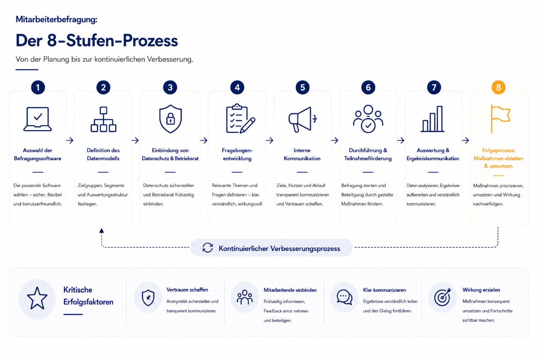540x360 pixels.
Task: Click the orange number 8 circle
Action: (498, 87)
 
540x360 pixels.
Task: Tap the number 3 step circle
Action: (170, 87)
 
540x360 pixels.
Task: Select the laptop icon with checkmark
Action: (38, 119)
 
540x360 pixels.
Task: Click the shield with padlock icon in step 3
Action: (171, 119)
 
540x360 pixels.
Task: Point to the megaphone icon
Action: (302, 119)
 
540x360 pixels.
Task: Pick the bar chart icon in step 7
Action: (432, 119)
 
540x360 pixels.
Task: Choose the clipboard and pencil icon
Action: (240, 118)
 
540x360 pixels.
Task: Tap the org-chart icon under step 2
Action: (103, 119)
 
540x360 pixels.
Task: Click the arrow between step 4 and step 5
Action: (270, 140)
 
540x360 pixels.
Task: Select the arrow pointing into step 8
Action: (465, 140)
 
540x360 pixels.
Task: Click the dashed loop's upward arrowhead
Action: (102, 230)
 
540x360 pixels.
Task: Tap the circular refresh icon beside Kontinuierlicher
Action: (207, 247)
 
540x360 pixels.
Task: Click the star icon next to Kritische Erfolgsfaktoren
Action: (37, 298)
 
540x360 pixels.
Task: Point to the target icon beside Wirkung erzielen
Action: (443, 297)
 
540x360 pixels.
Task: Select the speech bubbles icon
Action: (345, 297)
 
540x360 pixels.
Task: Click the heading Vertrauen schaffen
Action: (187, 290)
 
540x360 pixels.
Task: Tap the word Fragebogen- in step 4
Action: (237, 150)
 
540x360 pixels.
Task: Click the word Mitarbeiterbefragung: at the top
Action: (56, 19)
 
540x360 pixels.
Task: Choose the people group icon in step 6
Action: (368, 119)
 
